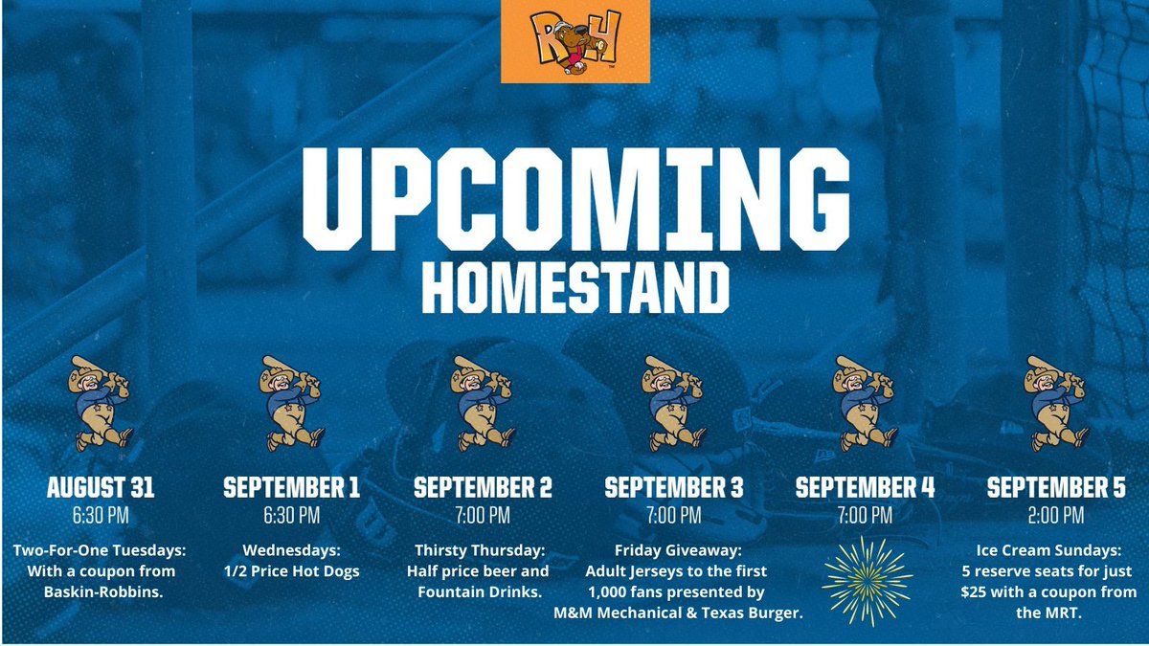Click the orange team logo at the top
[574, 41]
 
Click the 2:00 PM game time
[1056, 517]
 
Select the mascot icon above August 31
[101, 403]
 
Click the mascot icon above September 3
[672, 403]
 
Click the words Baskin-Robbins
[101, 592]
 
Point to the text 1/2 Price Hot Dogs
[291, 571]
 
